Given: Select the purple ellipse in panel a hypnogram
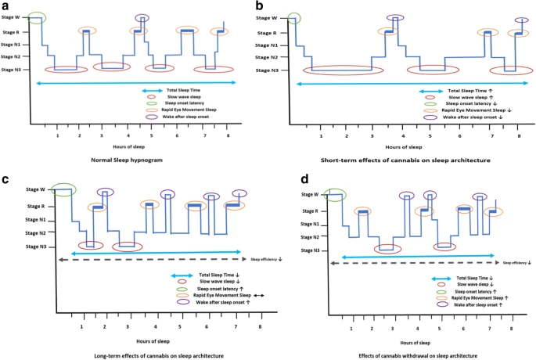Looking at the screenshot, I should [x=141, y=18].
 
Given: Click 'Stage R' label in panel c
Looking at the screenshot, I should [x=31, y=206].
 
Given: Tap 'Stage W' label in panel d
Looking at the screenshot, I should [x=311, y=195].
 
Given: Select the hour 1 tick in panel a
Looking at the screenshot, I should [x=57, y=135].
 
